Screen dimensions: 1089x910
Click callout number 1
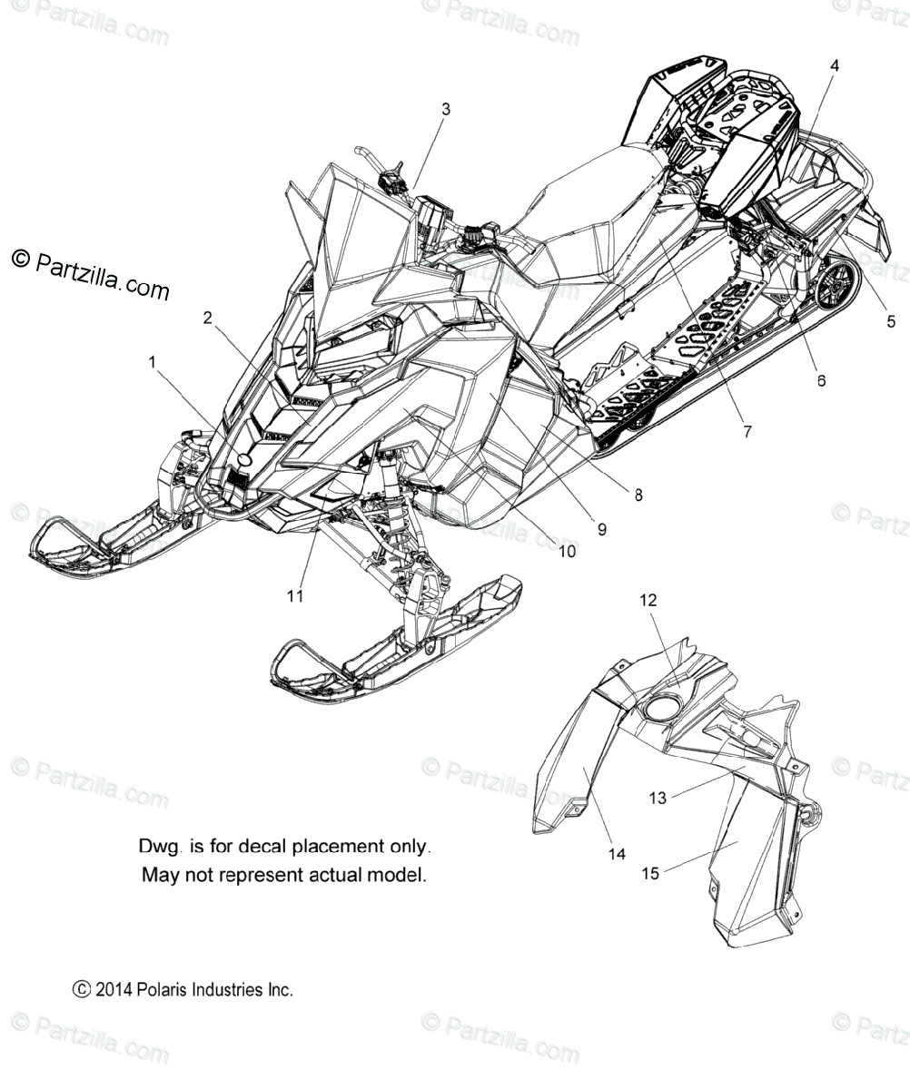[x=153, y=362]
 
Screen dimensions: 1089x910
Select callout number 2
[x=208, y=318]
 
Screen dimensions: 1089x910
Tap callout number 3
[x=445, y=109]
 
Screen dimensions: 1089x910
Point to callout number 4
[x=835, y=65]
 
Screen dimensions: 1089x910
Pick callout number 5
[x=891, y=320]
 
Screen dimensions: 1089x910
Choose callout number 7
[x=747, y=432]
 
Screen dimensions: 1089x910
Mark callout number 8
[x=638, y=495]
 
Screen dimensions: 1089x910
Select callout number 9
[x=601, y=528]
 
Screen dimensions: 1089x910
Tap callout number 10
[x=566, y=550]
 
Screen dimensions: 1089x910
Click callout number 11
[x=295, y=595]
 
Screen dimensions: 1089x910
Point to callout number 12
[x=673, y=600]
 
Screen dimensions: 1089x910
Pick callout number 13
[x=658, y=798]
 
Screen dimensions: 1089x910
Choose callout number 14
[x=617, y=854]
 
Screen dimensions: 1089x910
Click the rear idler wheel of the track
[x=835, y=285]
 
